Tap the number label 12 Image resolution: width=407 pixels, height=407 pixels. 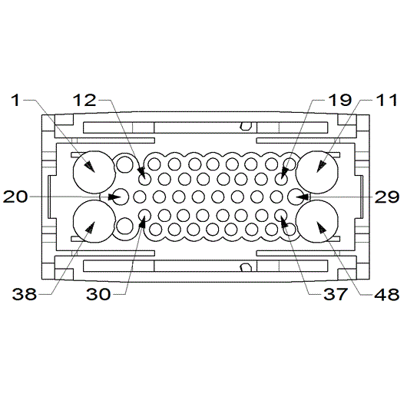85,100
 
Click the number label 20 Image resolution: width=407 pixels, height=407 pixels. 16,197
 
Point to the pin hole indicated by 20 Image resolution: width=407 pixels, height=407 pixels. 121,197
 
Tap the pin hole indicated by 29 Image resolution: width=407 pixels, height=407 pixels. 296,197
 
